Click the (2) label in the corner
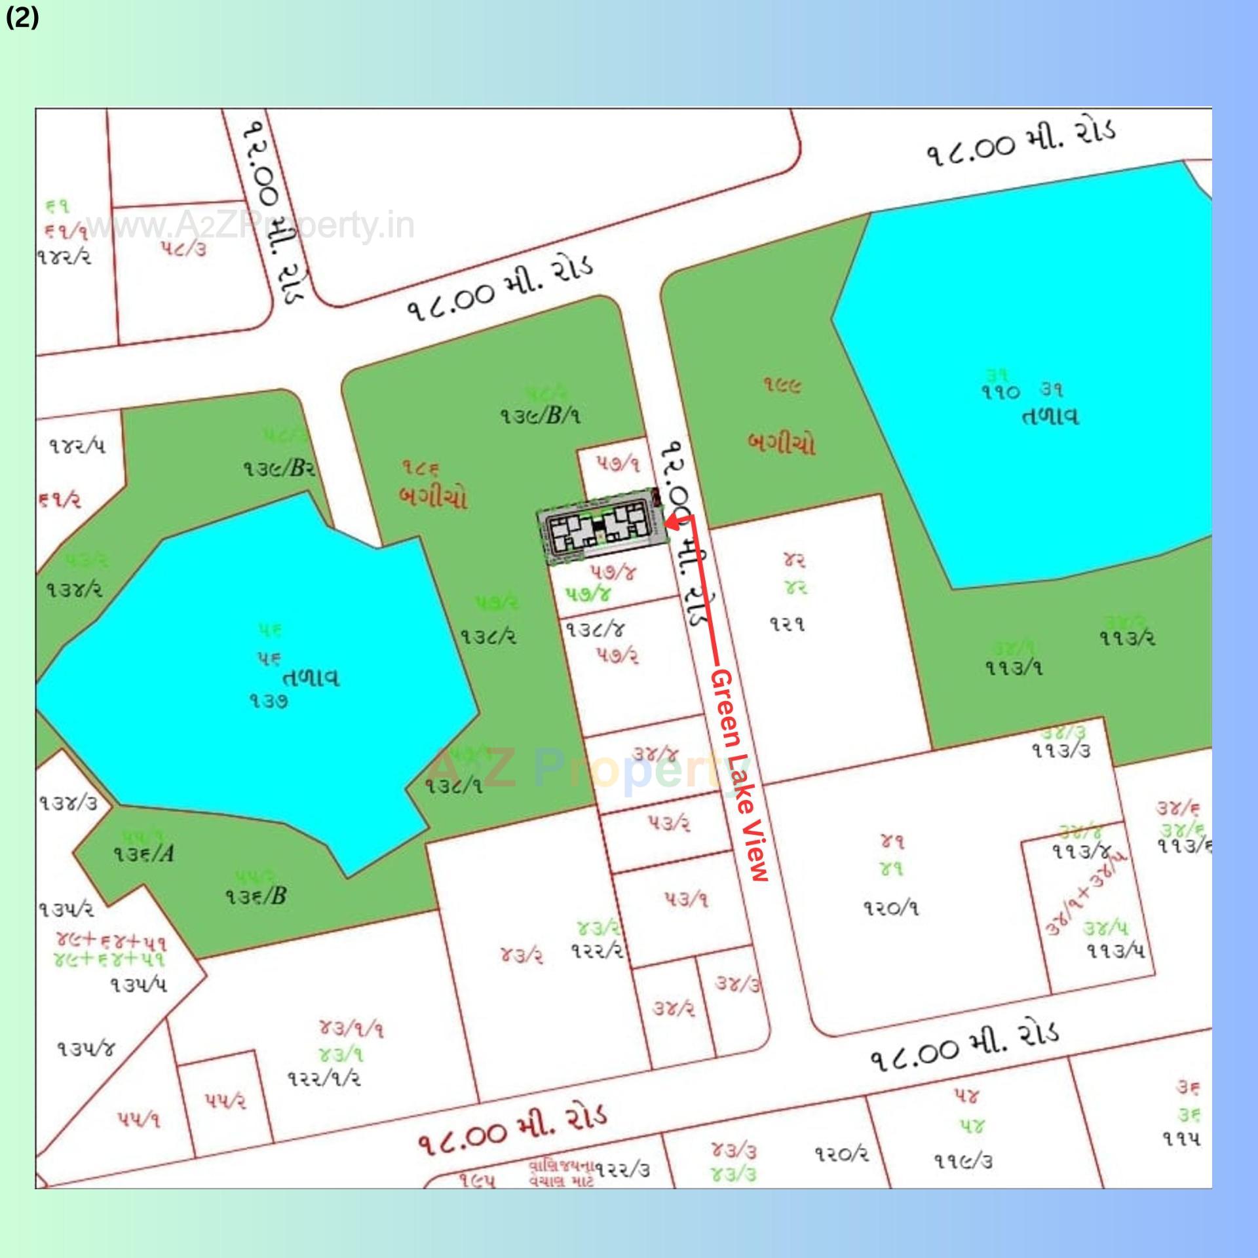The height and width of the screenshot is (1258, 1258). pyautogui.click(x=22, y=18)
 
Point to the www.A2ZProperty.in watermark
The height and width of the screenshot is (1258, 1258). pyautogui.click(x=249, y=226)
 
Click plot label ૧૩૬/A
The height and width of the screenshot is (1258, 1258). pyautogui.click(x=143, y=854)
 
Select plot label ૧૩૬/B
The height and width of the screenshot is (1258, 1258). pyautogui.click(x=256, y=896)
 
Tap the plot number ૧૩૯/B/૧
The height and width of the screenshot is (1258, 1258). pyautogui.click(x=541, y=415)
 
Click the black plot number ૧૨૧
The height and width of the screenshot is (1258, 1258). pyautogui.click(x=787, y=624)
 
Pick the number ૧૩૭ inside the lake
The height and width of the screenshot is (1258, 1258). pyautogui.click(x=269, y=702)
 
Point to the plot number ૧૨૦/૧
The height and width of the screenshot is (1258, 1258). pyautogui.click(x=890, y=909)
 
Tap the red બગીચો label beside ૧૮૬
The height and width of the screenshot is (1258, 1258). pyautogui.click(x=433, y=498)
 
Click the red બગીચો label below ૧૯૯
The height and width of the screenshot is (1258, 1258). pyautogui.click(x=782, y=444)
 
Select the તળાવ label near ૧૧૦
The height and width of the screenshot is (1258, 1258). pyautogui.click(x=1050, y=417)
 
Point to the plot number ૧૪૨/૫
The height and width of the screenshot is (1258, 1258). pyautogui.click(x=77, y=446)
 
